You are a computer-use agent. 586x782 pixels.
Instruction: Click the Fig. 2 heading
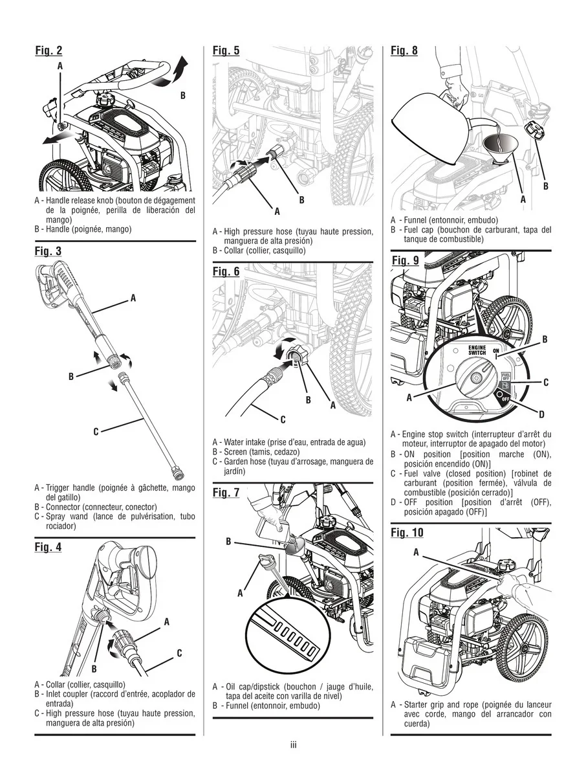49,50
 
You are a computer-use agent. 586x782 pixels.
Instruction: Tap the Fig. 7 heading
226,493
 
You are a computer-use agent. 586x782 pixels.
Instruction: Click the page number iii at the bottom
293,745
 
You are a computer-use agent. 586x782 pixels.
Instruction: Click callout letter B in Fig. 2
182,95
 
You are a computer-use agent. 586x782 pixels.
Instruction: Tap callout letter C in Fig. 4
179,653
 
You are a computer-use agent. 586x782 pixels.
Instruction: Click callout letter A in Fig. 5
277,211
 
